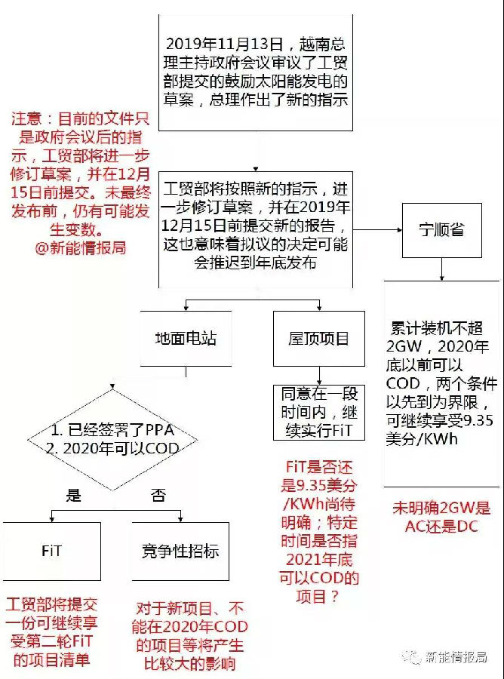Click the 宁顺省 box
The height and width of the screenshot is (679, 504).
[442, 230]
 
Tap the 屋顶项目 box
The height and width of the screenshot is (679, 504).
[318, 339]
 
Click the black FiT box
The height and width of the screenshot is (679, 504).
[51, 551]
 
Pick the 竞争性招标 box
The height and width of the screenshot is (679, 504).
[180, 551]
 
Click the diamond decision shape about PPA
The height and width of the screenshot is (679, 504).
[112, 441]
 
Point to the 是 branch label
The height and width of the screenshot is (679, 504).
[74, 494]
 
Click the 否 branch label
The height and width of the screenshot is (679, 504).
[158, 494]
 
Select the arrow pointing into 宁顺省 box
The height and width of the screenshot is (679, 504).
[377, 229]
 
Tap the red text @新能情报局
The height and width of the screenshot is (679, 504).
[81, 247]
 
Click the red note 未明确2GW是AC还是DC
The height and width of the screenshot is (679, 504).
[441, 517]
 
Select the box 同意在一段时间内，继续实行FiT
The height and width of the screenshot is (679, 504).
[318, 413]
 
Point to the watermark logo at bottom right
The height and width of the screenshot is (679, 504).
[411, 657]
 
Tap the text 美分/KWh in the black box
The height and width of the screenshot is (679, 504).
[422, 439]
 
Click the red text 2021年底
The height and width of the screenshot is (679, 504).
[319, 561]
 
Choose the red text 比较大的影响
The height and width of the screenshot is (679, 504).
[189, 664]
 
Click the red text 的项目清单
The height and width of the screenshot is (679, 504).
[51, 660]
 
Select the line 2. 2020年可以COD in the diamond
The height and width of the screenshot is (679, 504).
[112, 449]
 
